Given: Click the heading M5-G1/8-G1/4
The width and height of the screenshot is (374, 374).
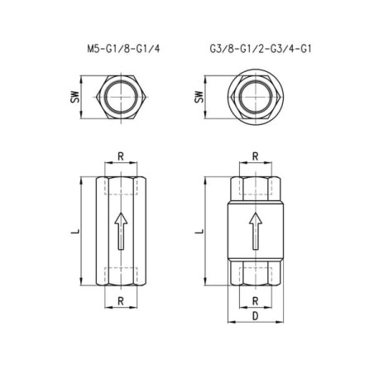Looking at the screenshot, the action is [x=123, y=49].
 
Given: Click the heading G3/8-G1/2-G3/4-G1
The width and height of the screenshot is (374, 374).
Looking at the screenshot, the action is [x=261, y=49].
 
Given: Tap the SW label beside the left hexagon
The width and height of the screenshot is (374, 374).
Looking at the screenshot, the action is [x=74, y=97].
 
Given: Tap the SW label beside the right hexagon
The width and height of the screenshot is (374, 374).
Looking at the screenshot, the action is [x=199, y=97].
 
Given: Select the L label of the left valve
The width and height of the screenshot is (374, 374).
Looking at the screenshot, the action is [x=74, y=231].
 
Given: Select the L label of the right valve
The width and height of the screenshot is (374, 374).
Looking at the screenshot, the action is [x=199, y=231].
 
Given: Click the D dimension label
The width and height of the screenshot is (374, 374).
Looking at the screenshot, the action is [x=256, y=316].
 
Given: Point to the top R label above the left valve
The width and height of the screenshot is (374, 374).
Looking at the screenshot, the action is [x=121, y=156].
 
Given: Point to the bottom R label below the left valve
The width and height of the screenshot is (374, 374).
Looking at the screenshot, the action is [x=121, y=301].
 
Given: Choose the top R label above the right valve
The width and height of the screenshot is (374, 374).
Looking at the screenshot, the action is [x=256, y=156].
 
